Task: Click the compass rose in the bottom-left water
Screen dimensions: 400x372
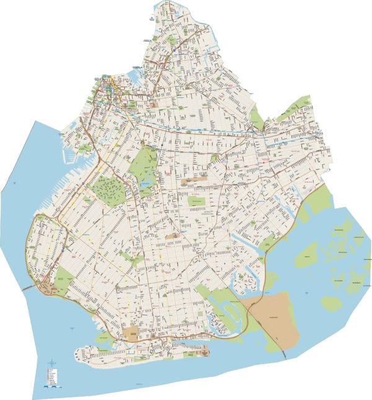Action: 52,363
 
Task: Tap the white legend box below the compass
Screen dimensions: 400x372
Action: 51,376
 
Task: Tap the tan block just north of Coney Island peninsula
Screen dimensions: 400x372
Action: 131,333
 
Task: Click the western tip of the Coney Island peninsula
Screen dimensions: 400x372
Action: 77,355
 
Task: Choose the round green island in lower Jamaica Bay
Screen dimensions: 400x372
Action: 331,303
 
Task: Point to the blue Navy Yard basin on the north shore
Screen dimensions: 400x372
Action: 133,78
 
